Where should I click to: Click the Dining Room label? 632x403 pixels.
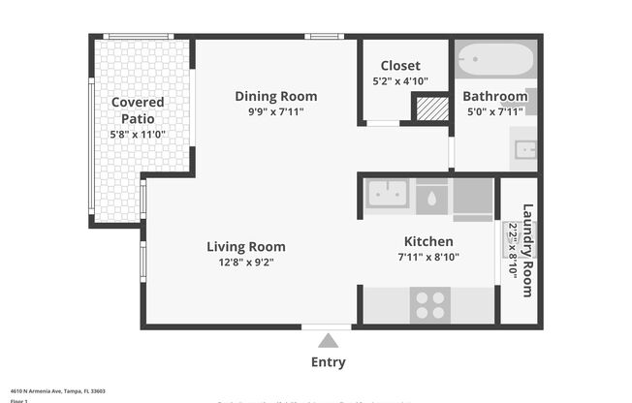[x=276, y=96]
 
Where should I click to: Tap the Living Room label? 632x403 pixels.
[x=246, y=246]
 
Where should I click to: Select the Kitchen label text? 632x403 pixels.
[x=428, y=241]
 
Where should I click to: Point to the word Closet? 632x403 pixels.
[x=399, y=66]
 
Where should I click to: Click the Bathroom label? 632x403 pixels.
[x=494, y=96]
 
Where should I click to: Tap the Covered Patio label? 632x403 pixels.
[x=137, y=110]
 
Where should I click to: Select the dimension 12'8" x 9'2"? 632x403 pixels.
[x=246, y=262]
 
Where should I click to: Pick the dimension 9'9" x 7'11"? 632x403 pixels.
[x=276, y=111]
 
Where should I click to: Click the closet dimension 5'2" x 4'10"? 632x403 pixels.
[x=399, y=82]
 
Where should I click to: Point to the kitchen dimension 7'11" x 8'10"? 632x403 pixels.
[x=428, y=257]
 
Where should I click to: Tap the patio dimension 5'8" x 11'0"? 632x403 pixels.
[x=137, y=134]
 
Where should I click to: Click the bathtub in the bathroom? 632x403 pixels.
[x=494, y=61]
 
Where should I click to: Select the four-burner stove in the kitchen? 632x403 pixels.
[x=429, y=304]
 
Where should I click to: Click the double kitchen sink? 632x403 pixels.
[x=388, y=194]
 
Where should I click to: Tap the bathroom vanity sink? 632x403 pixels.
[x=525, y=149]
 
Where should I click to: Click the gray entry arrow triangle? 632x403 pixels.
[x=328, y=340]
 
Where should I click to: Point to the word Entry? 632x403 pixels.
[x=328, y=362]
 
